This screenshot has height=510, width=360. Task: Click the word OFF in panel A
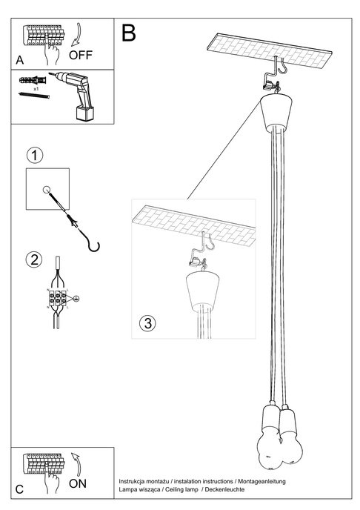click(x=81, y=55)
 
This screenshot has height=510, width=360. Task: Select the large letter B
click(x=129, y=33)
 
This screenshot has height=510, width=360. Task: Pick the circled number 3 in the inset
click(x=147, y=322)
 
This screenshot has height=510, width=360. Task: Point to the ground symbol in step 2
click(x=76, y=298)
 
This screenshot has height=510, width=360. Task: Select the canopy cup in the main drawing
click(x=277, y=109)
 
